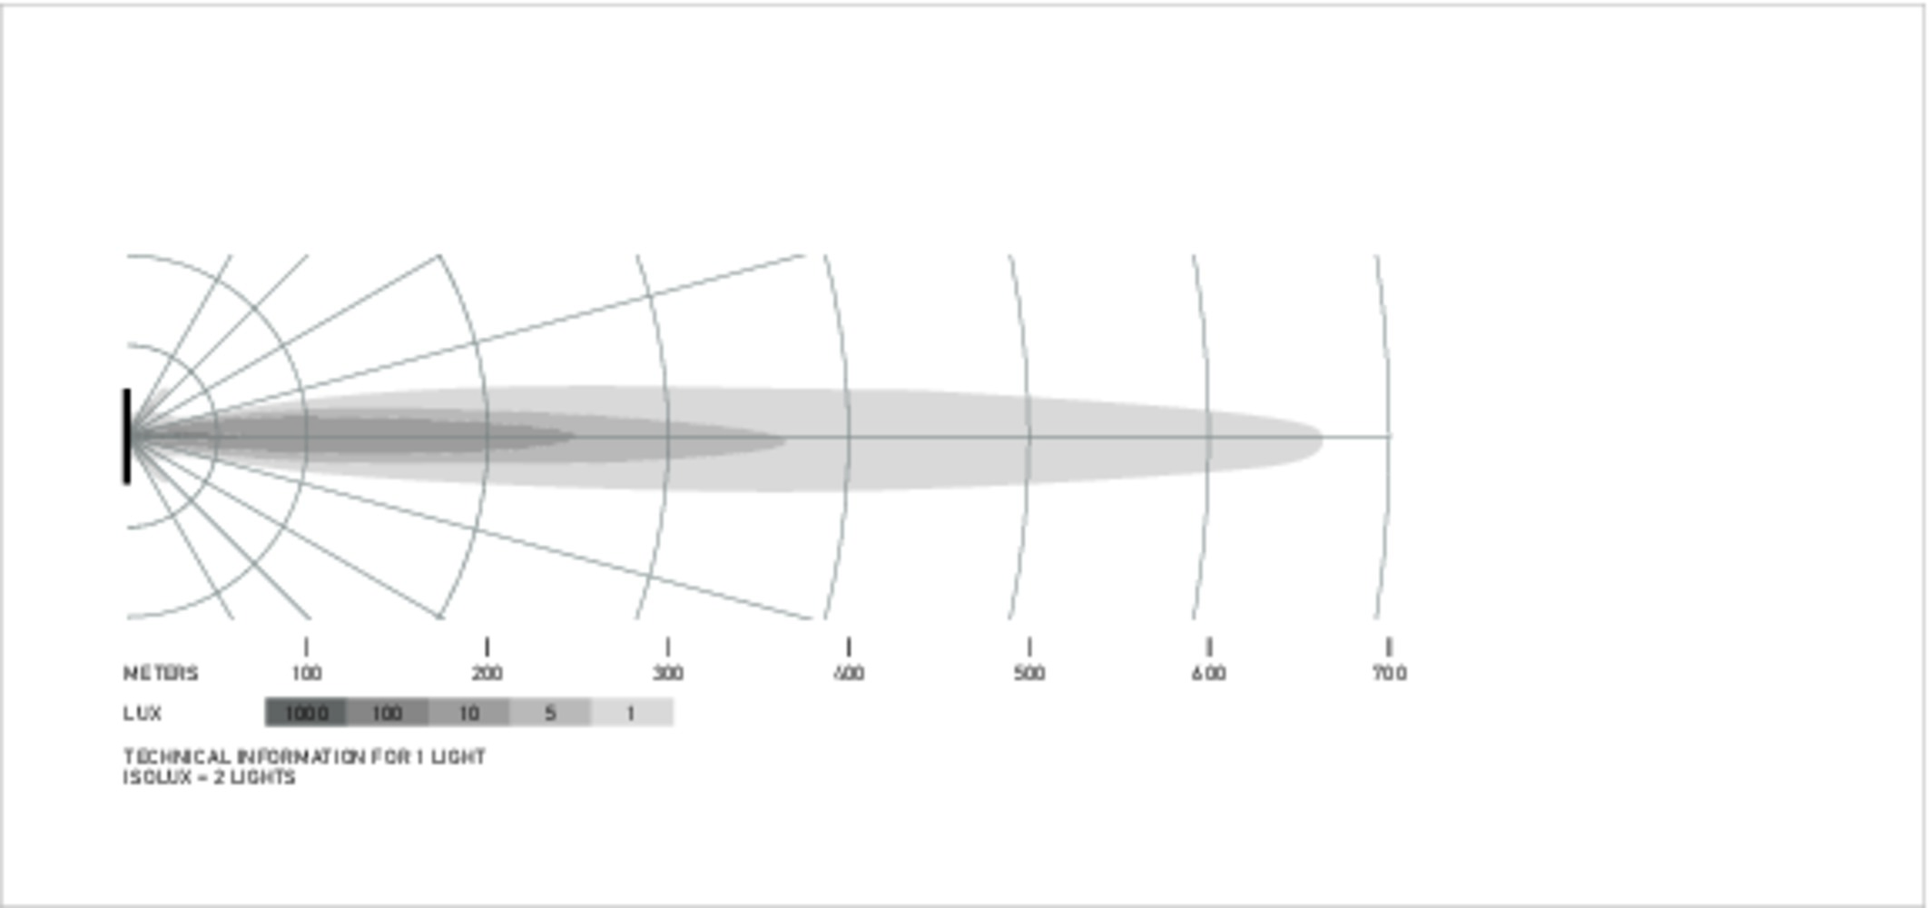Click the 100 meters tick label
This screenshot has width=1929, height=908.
point(307,674)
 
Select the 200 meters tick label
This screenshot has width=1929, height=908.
point(487,674)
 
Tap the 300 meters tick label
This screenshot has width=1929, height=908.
point(668,674)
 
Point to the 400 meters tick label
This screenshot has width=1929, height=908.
point(849,674)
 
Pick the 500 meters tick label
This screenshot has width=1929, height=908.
point(1029,674)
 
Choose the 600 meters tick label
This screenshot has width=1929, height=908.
point(1209,674)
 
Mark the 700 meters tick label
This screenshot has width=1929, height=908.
point(1390,674)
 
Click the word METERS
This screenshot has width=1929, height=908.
point(161,674)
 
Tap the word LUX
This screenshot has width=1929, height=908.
point(143,714)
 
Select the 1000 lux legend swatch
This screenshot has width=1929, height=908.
point(305,713)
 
